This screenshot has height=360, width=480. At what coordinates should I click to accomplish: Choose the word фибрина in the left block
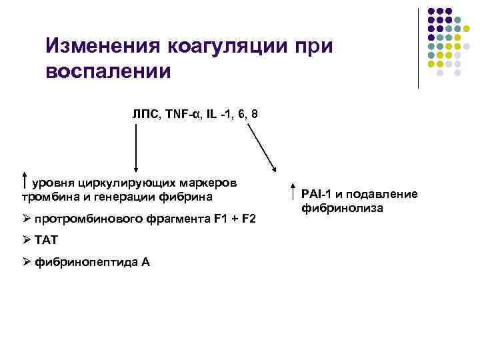click(x=190, y=197)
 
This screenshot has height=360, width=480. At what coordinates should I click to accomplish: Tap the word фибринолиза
click(x=342, y=208)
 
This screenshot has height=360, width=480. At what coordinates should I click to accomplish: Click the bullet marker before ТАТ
click(x=27, y=240)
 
